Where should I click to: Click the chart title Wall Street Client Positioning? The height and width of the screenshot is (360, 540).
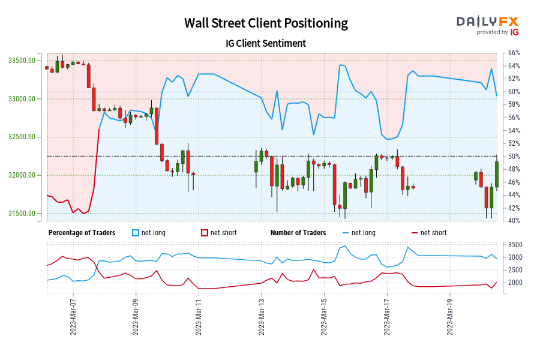(266, 23)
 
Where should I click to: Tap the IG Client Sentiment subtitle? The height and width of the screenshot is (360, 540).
(266, 43)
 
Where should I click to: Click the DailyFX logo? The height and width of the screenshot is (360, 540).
(488, 25)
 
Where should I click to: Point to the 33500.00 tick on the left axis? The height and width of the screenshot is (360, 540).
(22, 61)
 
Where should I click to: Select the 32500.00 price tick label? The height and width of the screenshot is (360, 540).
(22, 137)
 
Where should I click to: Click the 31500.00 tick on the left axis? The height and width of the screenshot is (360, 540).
(22, 214)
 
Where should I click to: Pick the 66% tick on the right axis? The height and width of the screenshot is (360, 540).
(514, 53)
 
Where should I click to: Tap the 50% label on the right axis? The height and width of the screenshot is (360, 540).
(514, 157)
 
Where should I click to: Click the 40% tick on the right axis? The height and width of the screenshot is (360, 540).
(514, 221)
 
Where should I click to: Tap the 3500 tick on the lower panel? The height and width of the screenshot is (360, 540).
(515, 245)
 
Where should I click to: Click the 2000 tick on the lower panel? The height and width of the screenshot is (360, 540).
(515, 283)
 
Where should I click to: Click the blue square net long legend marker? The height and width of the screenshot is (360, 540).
(136, 233)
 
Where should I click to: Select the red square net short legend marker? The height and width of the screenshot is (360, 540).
(205, 233)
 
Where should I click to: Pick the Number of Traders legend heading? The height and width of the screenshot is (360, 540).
(298, 233)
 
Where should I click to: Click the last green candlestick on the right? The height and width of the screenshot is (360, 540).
(497, 174)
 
